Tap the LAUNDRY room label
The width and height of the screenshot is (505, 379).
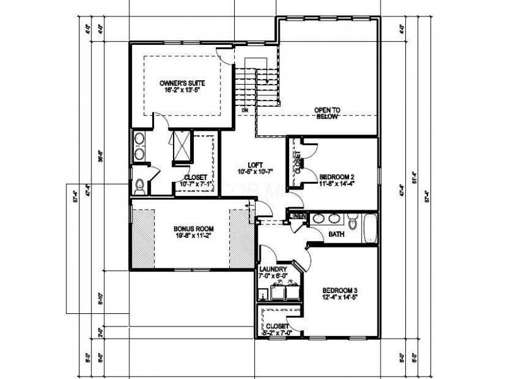273,268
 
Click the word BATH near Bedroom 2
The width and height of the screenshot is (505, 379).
336,235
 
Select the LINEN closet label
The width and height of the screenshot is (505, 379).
298,217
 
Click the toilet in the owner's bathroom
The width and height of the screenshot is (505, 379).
140,184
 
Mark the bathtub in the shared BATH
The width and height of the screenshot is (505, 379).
369,228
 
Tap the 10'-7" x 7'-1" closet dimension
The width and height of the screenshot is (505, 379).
196,184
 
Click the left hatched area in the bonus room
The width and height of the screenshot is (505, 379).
143,234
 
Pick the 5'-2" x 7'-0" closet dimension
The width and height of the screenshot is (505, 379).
278,333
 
